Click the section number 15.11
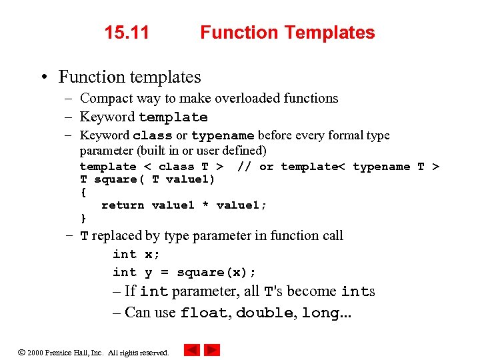(127, 32)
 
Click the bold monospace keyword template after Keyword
(173, 117)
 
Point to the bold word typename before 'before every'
(222, 135)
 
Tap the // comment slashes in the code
(244, 167)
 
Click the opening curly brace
(83, 192)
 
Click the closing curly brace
(83, 218)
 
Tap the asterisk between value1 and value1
(205, 205)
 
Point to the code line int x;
(136, 254)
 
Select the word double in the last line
(265, 313)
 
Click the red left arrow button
(192, 350)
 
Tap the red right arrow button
(212, 350)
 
